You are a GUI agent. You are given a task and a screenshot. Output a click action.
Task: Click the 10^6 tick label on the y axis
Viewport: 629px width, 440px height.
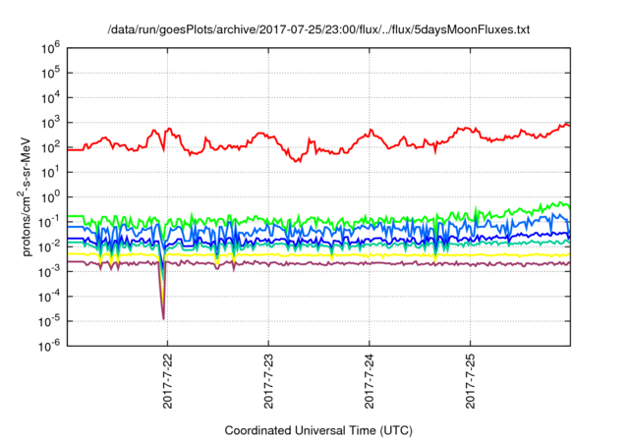pyautogui.click(x=49, y=47)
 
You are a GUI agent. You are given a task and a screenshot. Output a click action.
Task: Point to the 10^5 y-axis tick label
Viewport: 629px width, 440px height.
pyautogui.click(x=49, y=72)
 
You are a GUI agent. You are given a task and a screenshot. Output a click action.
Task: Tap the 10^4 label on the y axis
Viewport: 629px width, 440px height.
pyautogui.click(x=49, y=96)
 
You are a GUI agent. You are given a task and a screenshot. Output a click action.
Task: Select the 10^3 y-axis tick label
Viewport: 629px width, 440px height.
pyautogui.click(x=49, y=122)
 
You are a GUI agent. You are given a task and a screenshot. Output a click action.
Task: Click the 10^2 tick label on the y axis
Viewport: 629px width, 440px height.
pyautogui.click(x=49, y=146)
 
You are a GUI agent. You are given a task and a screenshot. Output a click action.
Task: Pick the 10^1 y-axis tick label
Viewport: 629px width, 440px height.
pyautogui.click(x=49, y=171)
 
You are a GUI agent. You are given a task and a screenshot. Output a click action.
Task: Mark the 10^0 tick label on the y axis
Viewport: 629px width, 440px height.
pyautogui.click(x=49, y=196)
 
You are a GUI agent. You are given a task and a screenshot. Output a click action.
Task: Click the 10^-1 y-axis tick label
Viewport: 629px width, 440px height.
pyautogui.click(x=47, y=221)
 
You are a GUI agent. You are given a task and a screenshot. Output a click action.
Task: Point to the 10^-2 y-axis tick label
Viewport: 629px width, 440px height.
pyautogui.click(x=47, y=246)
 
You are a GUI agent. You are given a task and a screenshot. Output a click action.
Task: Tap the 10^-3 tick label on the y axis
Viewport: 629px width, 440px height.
pyautogui.click(x=47, y=270)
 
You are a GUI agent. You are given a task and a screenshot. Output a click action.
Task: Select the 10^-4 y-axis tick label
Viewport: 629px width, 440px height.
pyautogui.click(x=47, y=296)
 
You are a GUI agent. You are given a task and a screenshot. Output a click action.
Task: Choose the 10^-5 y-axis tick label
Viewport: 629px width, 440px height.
pyautogui.click(x=47, y=320)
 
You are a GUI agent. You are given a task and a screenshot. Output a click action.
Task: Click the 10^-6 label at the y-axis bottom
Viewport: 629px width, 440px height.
pyautogui.click(x=47, y=345)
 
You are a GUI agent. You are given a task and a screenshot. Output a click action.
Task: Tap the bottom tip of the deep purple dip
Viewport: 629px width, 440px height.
pyautogui.click(x=163, y=317)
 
